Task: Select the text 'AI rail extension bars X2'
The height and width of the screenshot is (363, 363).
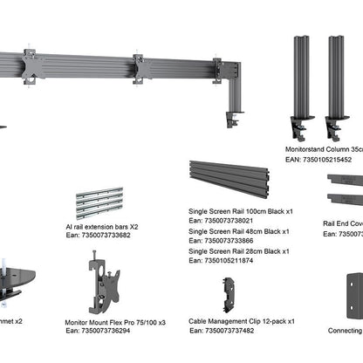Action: click(x=101, y=226)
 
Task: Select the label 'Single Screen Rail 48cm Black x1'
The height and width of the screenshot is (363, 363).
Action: click(x=240, y=231)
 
